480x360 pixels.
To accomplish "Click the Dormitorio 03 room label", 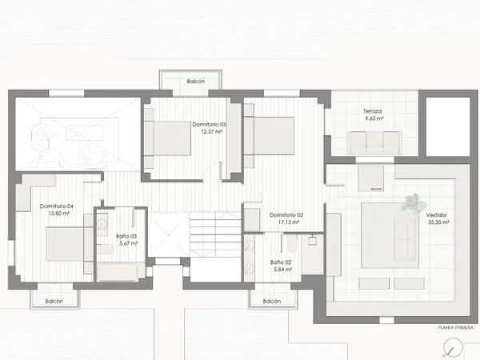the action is (x=209, y=124).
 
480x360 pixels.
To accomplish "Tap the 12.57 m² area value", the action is (x=211, y=132).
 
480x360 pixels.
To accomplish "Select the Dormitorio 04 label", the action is (x=57, y=206).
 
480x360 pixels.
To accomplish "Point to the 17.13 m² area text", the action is (x=289, y=222).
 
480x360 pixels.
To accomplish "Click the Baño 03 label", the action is (x=126, y=236).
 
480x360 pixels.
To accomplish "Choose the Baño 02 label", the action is (x=281, y=262).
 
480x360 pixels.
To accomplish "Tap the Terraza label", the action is (x=372, y=111).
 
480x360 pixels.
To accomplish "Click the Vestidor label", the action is (x=437, y=215).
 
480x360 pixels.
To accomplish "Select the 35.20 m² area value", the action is (x=438, y=222).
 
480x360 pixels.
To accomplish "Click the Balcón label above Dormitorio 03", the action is (x=196, y=82).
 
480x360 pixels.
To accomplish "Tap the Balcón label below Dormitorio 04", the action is (x=54, y=302).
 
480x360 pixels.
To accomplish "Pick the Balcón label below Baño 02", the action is (x=272, y=302).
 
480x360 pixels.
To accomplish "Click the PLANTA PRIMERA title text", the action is (x=455, y=327).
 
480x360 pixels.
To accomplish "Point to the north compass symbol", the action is (x=453, y=347).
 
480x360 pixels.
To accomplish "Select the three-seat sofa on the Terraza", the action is (x=374, y=142).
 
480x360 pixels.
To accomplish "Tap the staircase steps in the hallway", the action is (x=215, y=234).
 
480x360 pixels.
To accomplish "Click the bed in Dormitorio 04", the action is (x=70, y=244).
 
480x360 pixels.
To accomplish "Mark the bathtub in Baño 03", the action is (x=118, y=272).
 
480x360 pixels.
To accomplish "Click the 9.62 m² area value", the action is (x=374, y=118).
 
